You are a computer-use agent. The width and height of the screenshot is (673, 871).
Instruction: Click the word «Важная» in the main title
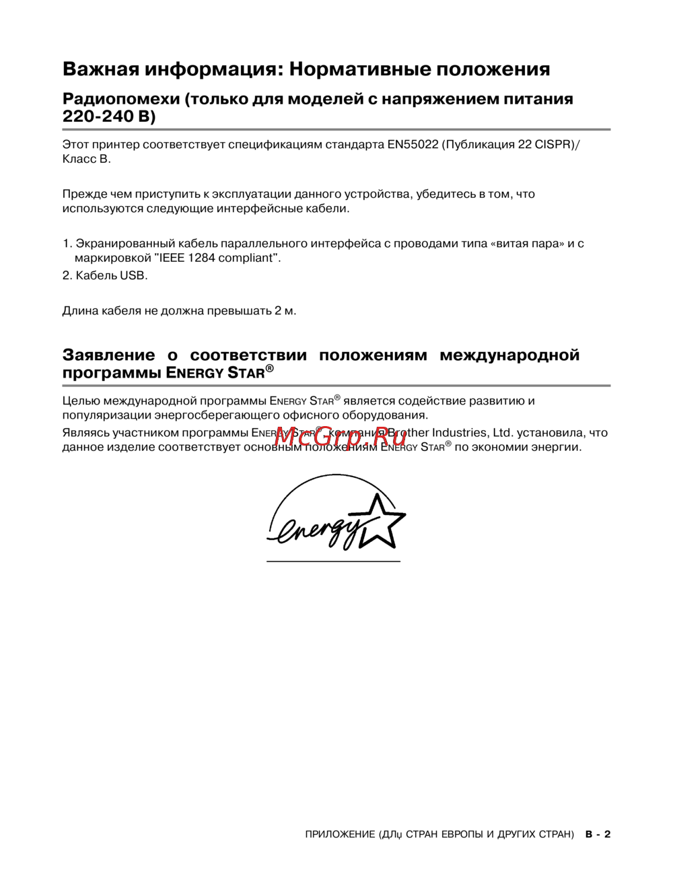(100, 69)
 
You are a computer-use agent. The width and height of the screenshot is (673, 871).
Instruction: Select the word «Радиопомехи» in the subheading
(120, 100)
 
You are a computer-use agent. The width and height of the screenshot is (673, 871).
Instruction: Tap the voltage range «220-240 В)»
(108, 117)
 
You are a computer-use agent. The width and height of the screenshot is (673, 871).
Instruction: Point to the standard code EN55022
(413, 145)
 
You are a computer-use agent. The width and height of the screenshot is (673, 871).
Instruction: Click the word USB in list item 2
(133, 275)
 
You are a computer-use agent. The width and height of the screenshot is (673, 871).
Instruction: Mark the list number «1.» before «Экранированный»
(67, 244)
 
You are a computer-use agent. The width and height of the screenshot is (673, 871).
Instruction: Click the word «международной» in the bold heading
(509, 355)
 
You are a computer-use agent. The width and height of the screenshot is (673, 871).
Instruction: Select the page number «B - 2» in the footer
(598, 835)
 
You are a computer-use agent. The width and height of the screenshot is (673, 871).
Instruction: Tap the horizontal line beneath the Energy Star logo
(333, 561)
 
